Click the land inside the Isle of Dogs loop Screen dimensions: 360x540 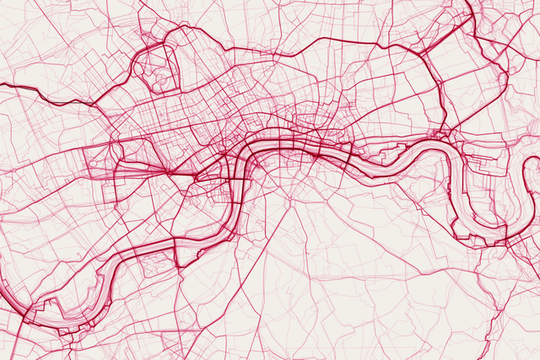(481, 194)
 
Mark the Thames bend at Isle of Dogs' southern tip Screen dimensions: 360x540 (485, 241)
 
